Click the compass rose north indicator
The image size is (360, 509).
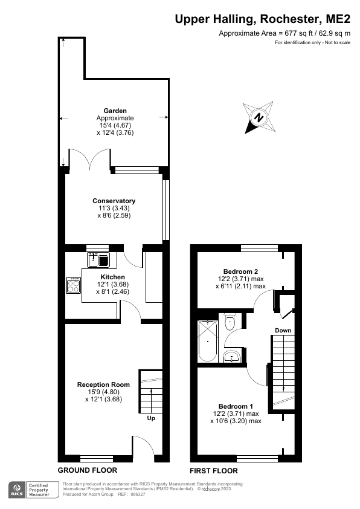click(259, 117)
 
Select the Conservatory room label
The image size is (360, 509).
click(114, 201)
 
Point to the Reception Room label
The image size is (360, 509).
click(103, 384)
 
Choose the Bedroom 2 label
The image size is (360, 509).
click(240, 271)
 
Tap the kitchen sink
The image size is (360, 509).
click(97, 261)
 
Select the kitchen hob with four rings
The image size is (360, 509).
click(74, 285)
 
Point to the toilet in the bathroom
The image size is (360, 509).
click(230, 322)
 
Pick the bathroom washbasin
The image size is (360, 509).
click(231, 357)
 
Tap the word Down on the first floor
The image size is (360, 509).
click(283, 331)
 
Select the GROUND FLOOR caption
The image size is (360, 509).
click(87, 470)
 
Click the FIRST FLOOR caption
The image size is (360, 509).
click(213, 471)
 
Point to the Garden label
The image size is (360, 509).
click(114, 111)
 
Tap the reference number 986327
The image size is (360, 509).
click(138, 494)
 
